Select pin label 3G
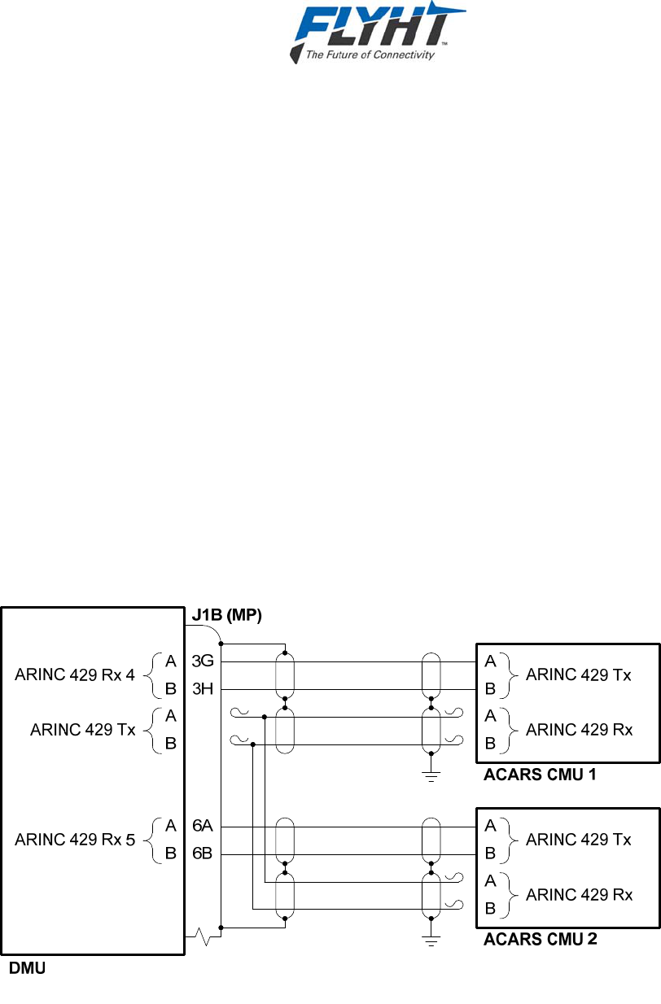point(203,661)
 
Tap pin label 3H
point(203,689)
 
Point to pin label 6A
point(203,826)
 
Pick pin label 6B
point(203,853)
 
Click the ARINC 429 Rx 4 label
point(75,674)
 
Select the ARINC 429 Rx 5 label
point(75,840)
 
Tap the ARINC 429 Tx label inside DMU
point(83,730)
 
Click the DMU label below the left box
point(27,969)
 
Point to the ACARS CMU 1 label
point(540,775)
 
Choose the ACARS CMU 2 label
point(541,940)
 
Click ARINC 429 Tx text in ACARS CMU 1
point(579,674)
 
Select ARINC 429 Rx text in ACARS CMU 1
point(579,730)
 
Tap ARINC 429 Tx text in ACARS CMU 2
point(579,840)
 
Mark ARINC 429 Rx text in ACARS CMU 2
point(579,895)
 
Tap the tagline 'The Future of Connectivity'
point(369,55)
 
